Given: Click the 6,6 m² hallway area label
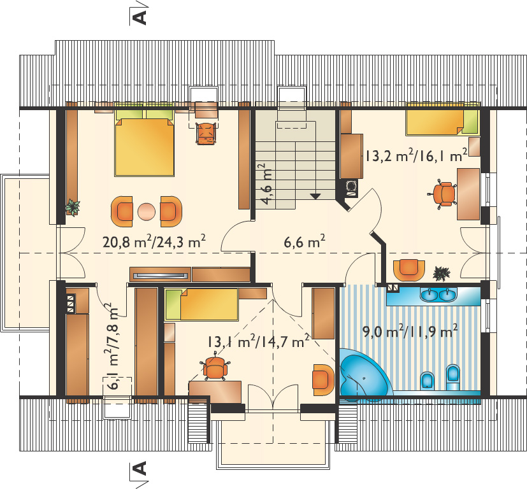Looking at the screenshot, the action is click(305, 241).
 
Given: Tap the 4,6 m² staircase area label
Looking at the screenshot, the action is click(268, 184).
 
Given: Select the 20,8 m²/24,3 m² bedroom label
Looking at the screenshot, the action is click(154, 241).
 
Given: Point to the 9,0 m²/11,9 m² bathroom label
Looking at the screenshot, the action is click(410, 331).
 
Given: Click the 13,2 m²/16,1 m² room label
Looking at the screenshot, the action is click(416, 155).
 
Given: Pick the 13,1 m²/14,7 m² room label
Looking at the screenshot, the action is click(258, 341).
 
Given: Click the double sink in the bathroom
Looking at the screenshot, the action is click(438, 295).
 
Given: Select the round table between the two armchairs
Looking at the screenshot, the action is click(147, 212).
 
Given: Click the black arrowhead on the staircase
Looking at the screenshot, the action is click(315, 197).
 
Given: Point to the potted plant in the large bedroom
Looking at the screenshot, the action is click(73, 206).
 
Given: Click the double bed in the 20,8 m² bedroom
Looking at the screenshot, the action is click(144, 143).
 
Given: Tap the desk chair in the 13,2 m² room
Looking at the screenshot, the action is click(442, 194).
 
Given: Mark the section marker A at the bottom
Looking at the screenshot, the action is click(140, 467).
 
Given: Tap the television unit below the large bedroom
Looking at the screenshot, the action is click(161, 274).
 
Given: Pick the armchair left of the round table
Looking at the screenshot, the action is click(122, 211).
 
